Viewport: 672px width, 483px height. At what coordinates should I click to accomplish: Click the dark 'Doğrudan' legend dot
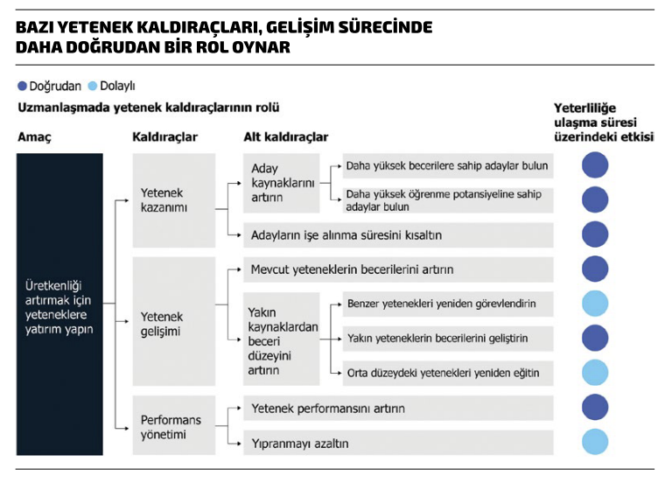tap(22, 87)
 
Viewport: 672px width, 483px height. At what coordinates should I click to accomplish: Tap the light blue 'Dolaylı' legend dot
tap(92, 87)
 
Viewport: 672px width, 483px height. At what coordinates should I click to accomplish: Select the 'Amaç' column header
tap(34, 137)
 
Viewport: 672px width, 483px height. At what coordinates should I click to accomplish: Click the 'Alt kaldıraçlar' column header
tap(285, 137)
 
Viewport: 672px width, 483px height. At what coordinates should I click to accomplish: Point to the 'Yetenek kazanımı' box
tap(173, 200)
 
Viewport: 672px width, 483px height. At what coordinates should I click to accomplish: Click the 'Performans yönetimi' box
tap(173, 426)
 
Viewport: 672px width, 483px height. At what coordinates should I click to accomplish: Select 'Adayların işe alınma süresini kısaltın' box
tap(398, 235)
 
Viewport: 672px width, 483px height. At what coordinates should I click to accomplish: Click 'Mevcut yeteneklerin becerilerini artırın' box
tap(398, 269)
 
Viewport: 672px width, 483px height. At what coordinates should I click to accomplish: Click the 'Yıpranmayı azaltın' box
tap(398, 443)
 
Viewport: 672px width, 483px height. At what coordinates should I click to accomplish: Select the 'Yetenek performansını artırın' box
tap(398, 409)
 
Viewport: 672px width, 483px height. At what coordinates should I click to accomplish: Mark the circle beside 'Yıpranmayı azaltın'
tap(595, 443)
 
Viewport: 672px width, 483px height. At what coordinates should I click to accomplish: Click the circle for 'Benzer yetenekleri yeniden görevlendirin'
tap(595, 304)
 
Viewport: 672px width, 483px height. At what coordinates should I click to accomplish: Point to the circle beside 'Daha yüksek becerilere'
tap(595, 165)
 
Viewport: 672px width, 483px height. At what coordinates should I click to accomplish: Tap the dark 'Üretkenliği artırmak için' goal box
tap(59, 304)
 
